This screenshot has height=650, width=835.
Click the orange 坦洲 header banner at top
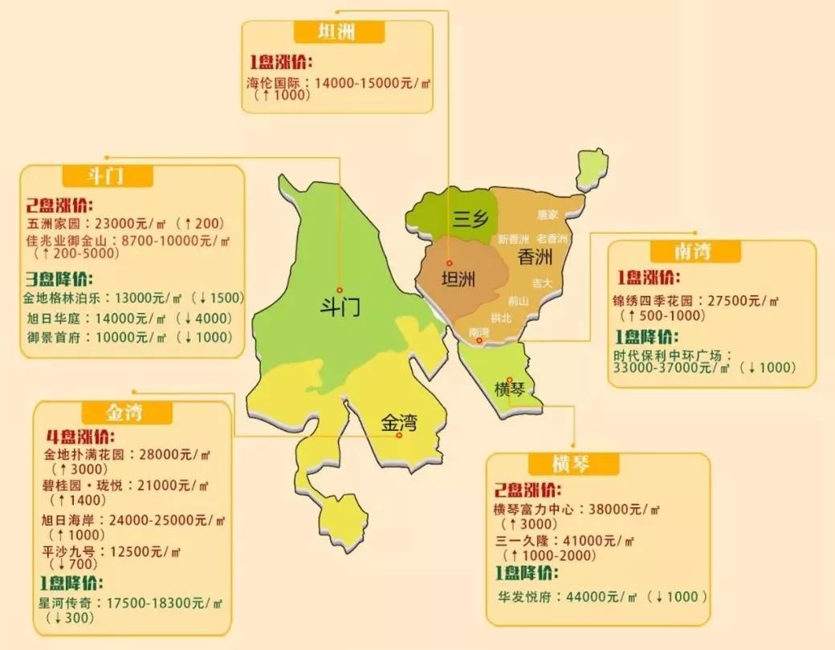[337, 33]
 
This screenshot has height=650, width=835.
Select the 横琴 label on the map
[511, 390]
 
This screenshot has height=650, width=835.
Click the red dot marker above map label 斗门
[340, 290]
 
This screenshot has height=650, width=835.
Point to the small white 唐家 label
[548, 214]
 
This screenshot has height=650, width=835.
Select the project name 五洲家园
[51, 222]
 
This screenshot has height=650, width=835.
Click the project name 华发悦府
[523, 596]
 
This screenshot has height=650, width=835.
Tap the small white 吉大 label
[542, 283]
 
